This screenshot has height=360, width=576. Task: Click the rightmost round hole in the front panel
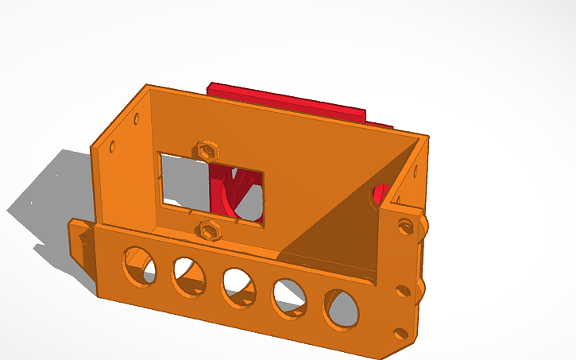tap(342, 308)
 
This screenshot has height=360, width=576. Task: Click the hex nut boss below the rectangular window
tap(210, 230)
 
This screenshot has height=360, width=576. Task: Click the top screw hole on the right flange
tap(405, 226)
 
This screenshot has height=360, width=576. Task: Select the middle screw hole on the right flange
tap(403, 291)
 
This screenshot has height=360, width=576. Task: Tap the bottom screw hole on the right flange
tap(400, 333)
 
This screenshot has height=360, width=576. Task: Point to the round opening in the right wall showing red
tap(379, 195)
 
